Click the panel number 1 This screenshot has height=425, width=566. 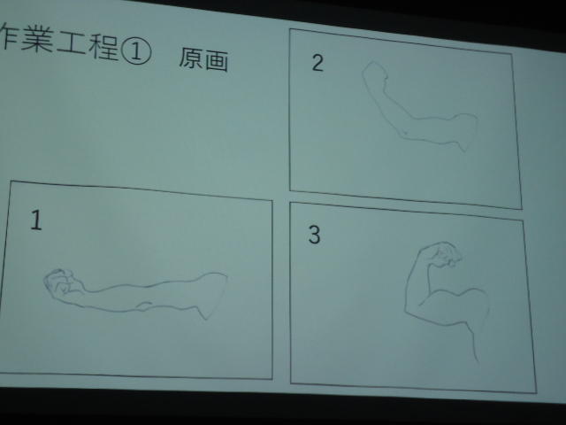(x=36, y=220)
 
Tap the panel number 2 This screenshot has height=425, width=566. (x=317, y=63)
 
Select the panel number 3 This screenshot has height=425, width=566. (x=314, y=235)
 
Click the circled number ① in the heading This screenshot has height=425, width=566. (x=136, y=50)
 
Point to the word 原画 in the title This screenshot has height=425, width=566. (x=203, y=59)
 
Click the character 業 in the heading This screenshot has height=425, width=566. (x=37, y=39)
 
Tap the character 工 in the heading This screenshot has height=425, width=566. (x=73, y=43)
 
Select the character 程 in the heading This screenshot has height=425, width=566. (x=104, y=47)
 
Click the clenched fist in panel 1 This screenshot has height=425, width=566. (x=61, y=282)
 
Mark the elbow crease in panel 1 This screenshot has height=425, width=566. (x=144, y=305)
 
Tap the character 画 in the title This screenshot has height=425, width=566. (x=217, y=61)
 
